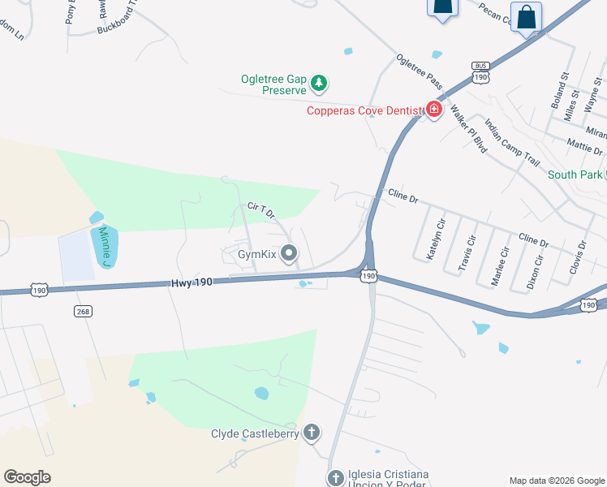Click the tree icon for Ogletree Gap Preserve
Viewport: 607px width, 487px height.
point(321,82)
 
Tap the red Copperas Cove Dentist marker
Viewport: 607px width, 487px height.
point(434,110)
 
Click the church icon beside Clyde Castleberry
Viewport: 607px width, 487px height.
point(311,433)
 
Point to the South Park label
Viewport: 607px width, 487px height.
point(575,175)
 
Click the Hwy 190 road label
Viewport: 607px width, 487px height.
point(192,283)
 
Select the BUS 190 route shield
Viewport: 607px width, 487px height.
point(481,73)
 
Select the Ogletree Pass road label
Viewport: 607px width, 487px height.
point(419,71)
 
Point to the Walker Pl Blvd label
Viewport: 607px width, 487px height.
point(468,127)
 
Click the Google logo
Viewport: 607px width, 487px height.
point(27,476)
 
